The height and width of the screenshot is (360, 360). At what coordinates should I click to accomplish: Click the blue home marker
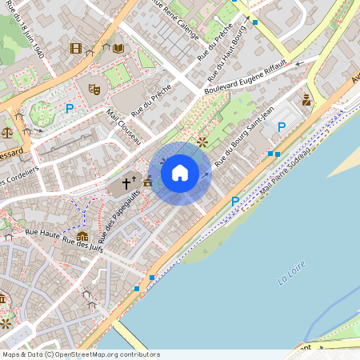tap(180, 172)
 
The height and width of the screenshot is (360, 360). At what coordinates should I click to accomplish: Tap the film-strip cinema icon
tap(76, 49)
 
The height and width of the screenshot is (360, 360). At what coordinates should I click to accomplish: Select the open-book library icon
tap(118, 49)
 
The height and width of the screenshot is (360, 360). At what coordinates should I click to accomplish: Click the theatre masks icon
tap(94, 89)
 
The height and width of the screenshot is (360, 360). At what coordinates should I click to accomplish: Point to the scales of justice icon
tap(7, 132)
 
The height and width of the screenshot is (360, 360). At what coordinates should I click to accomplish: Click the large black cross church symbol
tap(126, 185)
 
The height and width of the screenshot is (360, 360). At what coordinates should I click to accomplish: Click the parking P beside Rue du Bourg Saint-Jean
tap(281, 126)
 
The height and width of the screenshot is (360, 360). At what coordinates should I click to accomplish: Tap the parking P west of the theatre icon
tap(70, 108)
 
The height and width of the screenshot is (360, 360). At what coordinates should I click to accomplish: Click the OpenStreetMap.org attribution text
tap(108, 354)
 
